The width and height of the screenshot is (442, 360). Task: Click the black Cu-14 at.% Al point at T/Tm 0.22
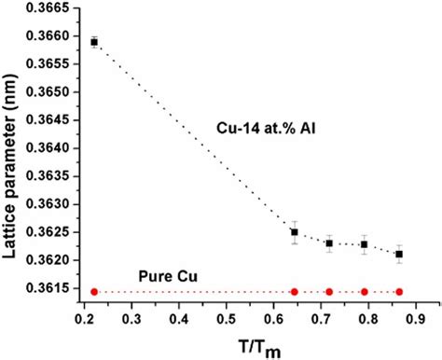tap(94, 42)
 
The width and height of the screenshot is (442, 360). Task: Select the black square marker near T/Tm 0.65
tap(295, 232)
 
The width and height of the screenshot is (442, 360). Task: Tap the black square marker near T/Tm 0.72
tap(329, 243)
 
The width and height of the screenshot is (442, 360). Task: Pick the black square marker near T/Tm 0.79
tap(364, 244)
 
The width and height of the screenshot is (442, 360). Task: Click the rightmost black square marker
tap(399, 254)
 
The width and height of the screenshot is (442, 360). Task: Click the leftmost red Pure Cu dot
tap(94, 292)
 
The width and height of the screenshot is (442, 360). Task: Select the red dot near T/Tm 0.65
tap(295, 292)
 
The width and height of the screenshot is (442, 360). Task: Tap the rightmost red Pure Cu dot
tap(399, 292)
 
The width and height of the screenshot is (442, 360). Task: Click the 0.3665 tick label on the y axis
tap(52, 8)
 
